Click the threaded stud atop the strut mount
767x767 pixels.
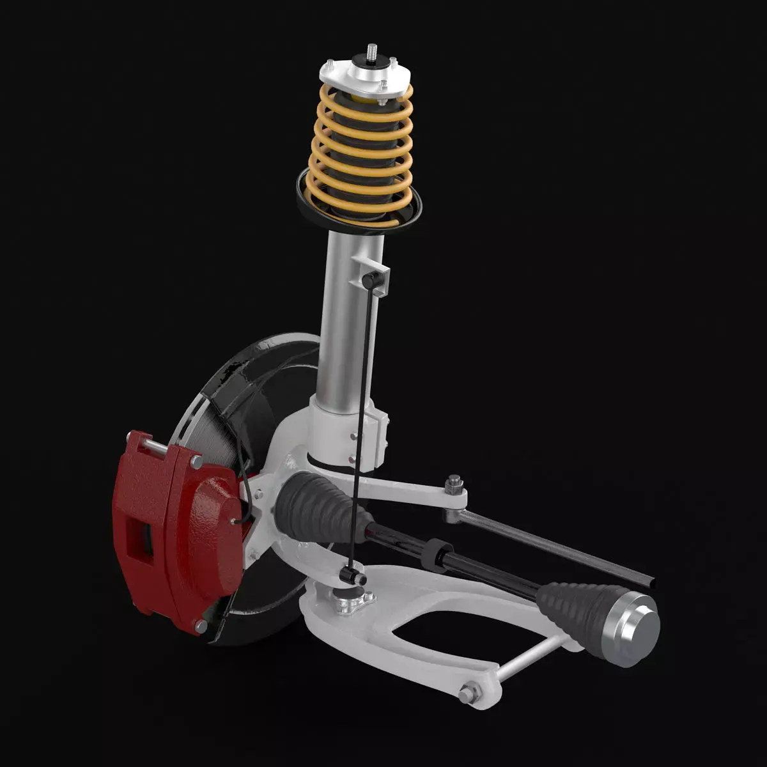(x=371, y=52)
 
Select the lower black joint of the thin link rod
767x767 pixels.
(x=350, y=575)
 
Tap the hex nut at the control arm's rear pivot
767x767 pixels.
(x=469, y=692)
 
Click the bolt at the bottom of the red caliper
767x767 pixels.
(x=201, y=627)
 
